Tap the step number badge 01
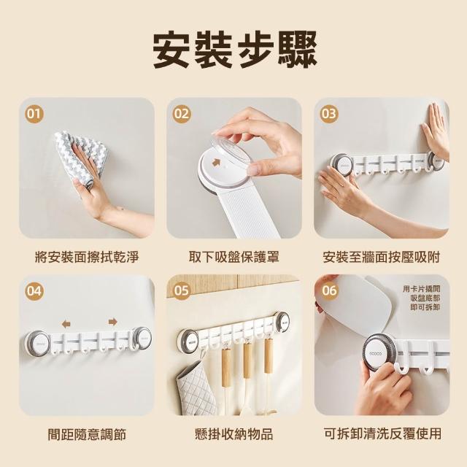point(34,115)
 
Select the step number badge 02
point(182,114)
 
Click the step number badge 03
point(329,114)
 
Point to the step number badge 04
point(34,291)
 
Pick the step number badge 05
point(182,290)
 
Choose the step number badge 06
point(329,290)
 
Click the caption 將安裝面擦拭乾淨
point(87,257)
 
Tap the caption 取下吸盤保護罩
point(234,257)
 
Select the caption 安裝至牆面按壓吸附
point(382,257)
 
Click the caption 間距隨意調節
point(87,434)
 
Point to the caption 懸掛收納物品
point(234,434)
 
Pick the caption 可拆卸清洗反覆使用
point(382,433)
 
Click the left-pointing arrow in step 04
point(66,324)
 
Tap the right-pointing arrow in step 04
point(113,322)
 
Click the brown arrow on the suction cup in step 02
point(216,163)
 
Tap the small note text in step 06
point(422,298)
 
